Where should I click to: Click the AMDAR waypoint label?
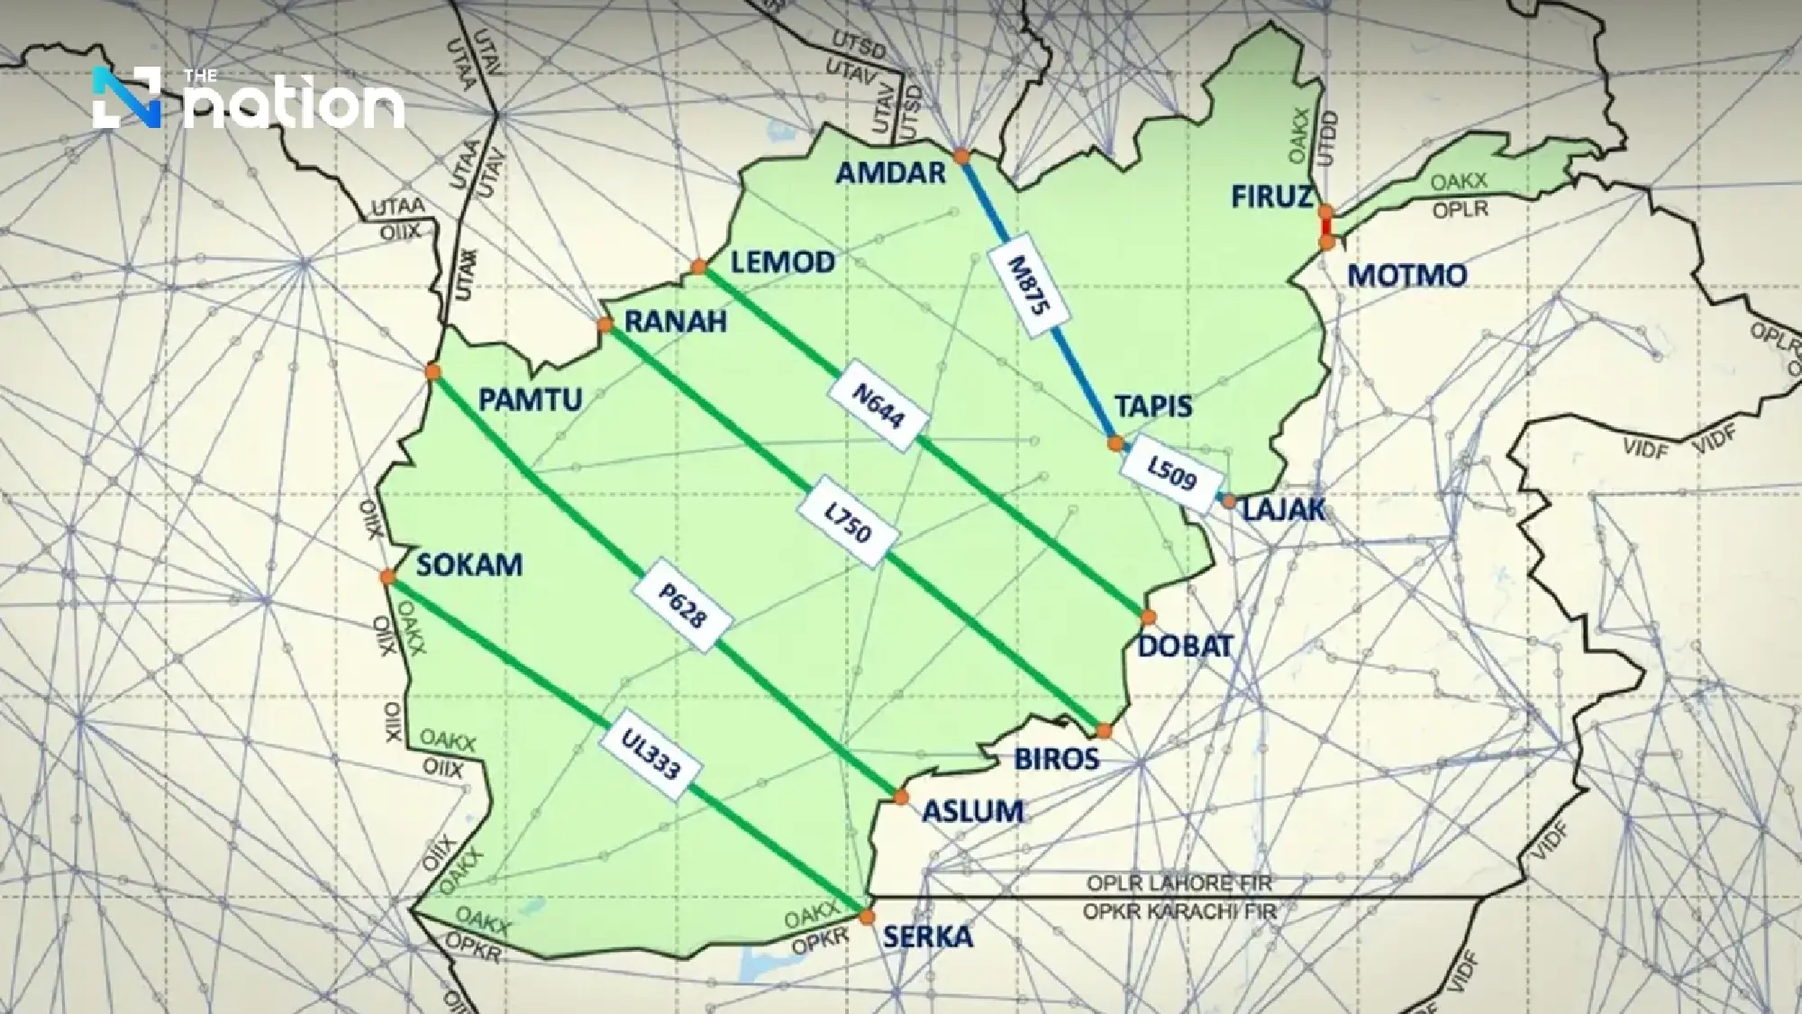890,172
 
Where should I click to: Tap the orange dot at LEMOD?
699,266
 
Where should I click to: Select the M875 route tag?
1029,287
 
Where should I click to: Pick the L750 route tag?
848,524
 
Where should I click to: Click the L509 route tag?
1171,471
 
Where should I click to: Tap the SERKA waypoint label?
927,936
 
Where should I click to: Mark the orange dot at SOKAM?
387,577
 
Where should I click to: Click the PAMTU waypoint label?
530,399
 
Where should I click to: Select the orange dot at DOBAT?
1149,617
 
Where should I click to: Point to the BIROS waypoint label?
1057,758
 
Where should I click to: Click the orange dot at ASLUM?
901,797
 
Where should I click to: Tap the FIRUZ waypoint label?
1271,196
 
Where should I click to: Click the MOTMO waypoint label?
1407,275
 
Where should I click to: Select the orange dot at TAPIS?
1116,443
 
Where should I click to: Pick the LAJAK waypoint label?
1284,510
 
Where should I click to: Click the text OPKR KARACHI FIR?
1179,911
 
